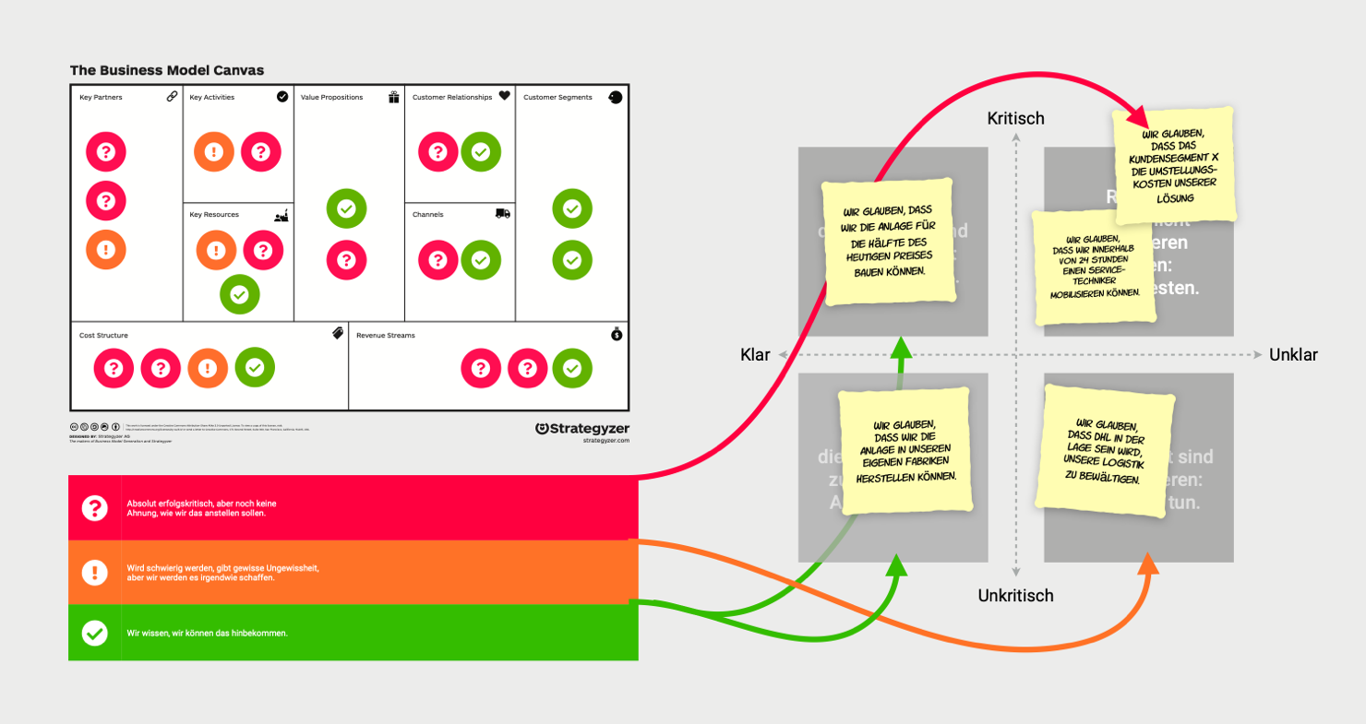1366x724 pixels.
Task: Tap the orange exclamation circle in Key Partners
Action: (106, 249)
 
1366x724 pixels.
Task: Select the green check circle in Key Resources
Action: (239, 294)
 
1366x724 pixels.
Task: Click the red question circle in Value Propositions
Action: (346, 260)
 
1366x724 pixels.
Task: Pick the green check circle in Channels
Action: (481, 260)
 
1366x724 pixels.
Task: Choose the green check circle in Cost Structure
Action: (256, 368)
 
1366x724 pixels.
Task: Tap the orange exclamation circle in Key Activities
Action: (214, 151)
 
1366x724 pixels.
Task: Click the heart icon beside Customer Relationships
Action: (504, 96)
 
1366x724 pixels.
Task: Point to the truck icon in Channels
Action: (503, 214)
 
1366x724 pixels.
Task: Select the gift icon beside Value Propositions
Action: (394, 97)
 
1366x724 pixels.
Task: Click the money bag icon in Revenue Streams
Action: (617, 335)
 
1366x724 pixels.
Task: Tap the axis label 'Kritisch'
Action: (1015, 118)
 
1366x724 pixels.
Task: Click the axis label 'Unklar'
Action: (1293, 355)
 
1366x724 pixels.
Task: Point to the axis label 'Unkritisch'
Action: (1015, 596)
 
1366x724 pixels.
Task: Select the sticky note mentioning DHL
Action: (1100, 452)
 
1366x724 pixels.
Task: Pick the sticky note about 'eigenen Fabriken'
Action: (905, 451)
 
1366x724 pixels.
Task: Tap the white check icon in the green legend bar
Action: (94, 634)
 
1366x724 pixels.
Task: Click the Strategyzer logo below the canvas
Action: (582, 429)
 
